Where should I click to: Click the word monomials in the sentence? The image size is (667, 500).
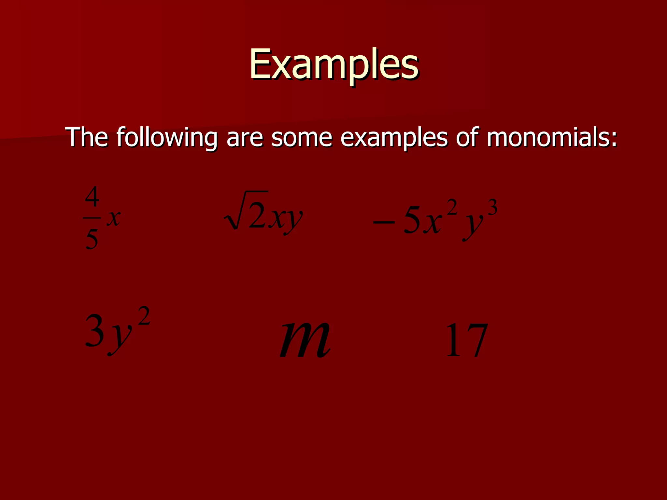[552, 137]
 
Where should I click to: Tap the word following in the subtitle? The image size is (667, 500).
[167, 137]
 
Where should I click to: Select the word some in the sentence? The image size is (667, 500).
[302, 137]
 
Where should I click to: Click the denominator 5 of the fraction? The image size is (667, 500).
[92, 239]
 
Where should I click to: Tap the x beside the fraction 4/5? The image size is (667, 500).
[114, 218]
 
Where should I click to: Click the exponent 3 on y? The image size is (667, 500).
[492, 208]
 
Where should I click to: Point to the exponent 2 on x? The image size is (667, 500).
[452, 208]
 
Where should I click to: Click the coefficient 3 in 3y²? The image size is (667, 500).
[94, 331]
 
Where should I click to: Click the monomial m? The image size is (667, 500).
[305, 340]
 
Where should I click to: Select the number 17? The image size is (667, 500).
[466, 340]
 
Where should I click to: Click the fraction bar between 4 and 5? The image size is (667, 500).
[92, 218]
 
